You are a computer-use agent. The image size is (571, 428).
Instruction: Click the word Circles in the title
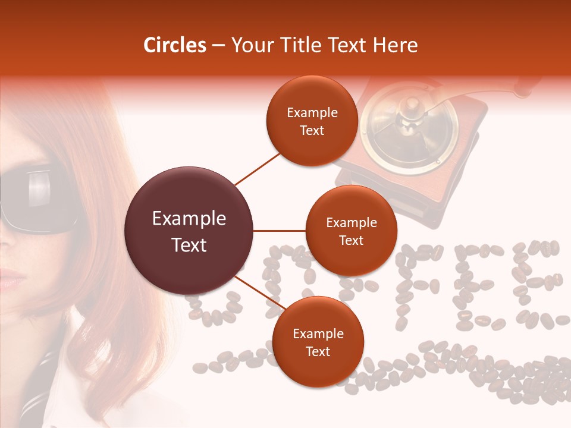click(175, 45)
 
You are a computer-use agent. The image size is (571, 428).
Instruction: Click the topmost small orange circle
click(312, 121)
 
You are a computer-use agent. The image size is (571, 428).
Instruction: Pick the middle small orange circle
click(351, 231)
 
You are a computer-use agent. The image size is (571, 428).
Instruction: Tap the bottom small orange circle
click(318, 342)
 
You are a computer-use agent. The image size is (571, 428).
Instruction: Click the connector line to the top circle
click(257, 169)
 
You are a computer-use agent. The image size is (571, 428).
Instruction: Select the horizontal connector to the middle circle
click(280, 231)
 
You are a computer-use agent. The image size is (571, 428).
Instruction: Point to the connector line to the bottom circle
click(259, 293)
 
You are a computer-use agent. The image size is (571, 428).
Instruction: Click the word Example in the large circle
click(189, 219)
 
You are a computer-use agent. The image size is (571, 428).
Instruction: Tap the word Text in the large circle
click(189, 245)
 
